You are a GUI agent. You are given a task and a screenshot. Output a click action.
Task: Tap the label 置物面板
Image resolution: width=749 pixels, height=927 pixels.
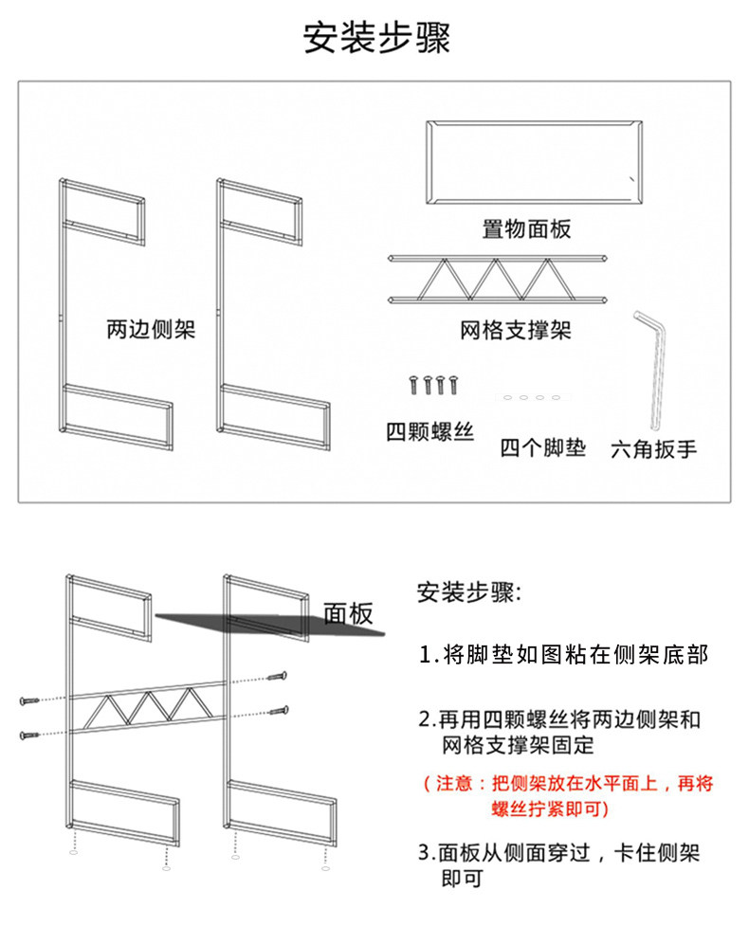click(x=526, y=228)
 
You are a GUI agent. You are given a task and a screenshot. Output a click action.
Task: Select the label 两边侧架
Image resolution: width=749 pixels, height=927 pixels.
click(x=151, y=331)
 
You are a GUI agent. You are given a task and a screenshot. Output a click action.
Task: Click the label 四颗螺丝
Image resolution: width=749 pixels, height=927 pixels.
click(x=429, y=433)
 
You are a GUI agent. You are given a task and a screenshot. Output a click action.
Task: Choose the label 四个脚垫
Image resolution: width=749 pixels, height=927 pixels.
click(x=543, y=446)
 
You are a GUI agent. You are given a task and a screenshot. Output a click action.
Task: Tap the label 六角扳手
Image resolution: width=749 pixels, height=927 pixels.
click(x=654, y=448)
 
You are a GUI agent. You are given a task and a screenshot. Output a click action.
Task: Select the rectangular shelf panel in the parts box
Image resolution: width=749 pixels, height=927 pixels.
click(x=533, y=163)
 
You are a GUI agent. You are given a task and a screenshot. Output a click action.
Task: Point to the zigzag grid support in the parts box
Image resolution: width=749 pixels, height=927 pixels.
click(x=498, y=279)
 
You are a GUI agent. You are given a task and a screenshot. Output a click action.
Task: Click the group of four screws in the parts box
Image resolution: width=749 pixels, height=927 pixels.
click(x=432, y=385)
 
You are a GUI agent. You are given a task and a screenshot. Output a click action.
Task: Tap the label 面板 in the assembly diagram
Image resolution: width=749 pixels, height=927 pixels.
click(x=349, y=614)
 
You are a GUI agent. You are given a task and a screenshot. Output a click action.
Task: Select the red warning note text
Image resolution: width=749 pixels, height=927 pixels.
click(x=568, y=796)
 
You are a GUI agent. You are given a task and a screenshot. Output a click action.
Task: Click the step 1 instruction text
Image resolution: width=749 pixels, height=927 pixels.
click(x=564, y=655)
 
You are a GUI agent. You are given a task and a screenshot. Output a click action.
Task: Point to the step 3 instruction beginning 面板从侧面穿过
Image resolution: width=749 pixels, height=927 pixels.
click(x=559, y=864)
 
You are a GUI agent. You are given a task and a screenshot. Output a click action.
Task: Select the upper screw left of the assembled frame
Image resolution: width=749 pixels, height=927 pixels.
click(x=28, y=700)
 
